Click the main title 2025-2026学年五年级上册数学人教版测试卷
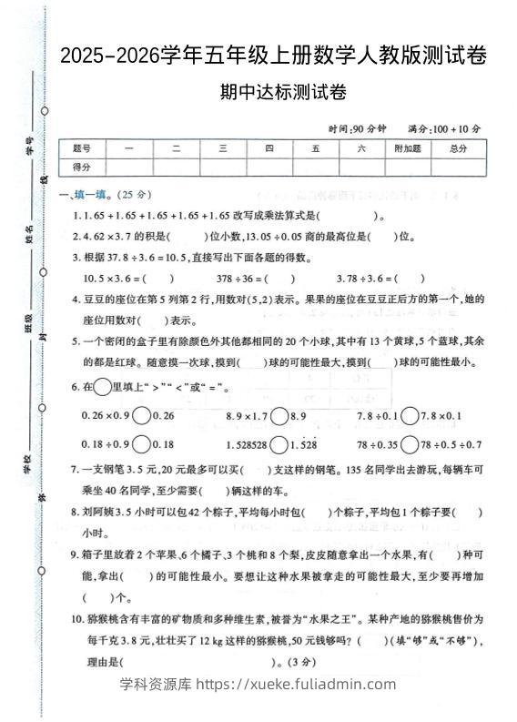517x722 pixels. click(x=273, y=56)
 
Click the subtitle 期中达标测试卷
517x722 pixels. click(x=273, y=92)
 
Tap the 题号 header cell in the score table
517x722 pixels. click(x=82, y=148)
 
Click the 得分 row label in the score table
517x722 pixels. click(x=82, y=167)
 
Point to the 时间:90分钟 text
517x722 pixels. click(x=358, y=129)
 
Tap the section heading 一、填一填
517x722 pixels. click(x=87, y=194)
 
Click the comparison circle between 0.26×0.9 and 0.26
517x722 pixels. click(x=142, y=415)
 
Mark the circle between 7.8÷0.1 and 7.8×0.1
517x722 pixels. click(x=411, y=415)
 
